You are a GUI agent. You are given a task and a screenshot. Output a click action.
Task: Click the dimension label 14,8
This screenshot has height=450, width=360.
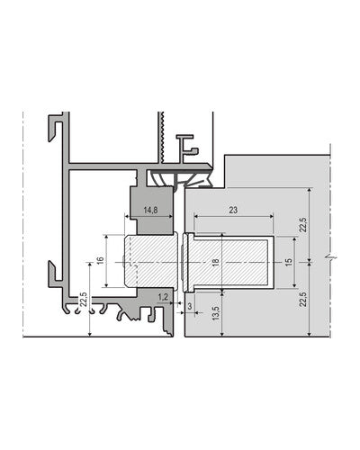(150, 210)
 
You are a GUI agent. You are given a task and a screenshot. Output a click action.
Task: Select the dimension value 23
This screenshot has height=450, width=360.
(233, 210)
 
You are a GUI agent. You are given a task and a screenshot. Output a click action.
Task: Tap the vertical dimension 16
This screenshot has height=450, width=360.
(101, 260)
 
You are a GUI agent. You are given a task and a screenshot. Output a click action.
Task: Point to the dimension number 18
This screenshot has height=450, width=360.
(215, 263)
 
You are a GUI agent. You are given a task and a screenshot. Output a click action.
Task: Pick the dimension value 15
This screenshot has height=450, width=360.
(288, 262)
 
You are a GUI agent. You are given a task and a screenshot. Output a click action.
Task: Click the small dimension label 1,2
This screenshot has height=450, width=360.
(163, 297)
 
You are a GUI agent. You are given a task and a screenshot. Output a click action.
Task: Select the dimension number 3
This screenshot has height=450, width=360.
(190, 306)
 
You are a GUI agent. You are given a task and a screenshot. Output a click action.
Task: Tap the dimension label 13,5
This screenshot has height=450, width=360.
(216, 313)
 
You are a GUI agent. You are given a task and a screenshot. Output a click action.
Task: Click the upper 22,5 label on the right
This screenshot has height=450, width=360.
(303, 224)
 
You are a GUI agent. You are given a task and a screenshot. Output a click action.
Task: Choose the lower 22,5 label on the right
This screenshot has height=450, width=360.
(303, 299)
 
